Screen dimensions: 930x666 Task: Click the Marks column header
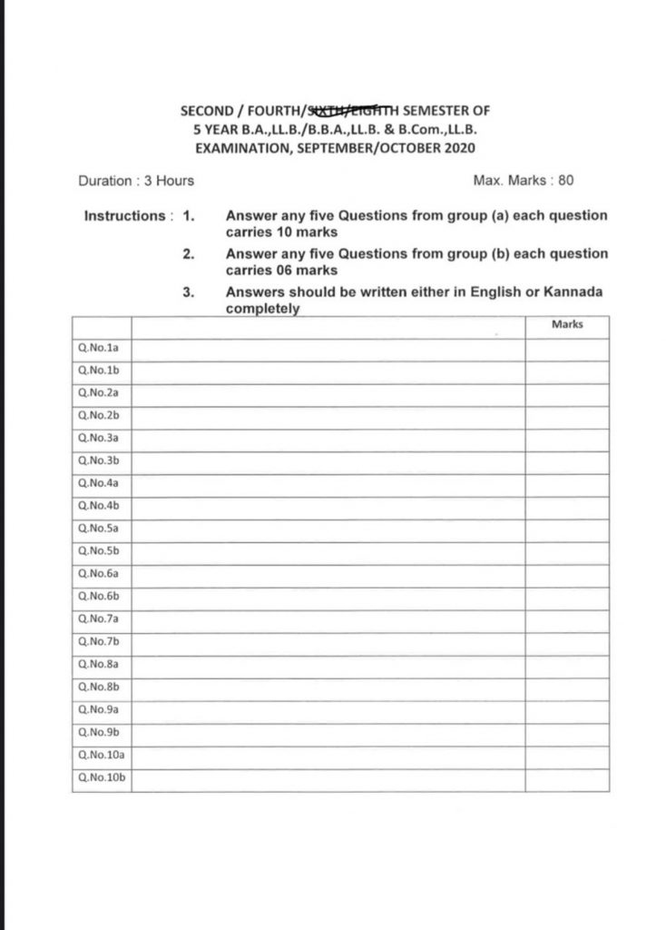pyautogui.click(x=566, y=324)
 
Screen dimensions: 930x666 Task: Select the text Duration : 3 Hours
pyautogui.click(x=136, y=181)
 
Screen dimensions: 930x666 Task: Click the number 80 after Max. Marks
pyautogui.click(x=565, y=181)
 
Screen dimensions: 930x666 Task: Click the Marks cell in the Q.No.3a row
pyautogui.click(x=566, y=438)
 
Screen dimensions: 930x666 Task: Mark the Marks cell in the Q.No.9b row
pyautogui.click(x=566, y=733)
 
